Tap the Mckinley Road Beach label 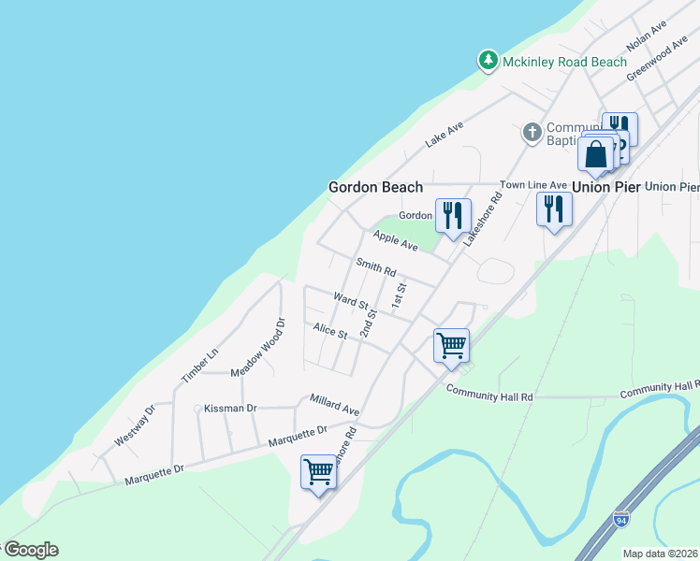click(563, 63)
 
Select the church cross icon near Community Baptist click(532, 132)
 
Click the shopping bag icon click(596, 155)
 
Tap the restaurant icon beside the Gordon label click(452, 216)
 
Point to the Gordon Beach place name click(375, 187)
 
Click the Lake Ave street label click(445, 135)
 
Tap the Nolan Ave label click(647, 37)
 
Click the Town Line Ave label click(533, 185)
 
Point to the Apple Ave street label click(395, 240)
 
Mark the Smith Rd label click(376, 267)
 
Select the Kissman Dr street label click(230, 408)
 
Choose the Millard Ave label click(334, 404)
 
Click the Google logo click(30, 550)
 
